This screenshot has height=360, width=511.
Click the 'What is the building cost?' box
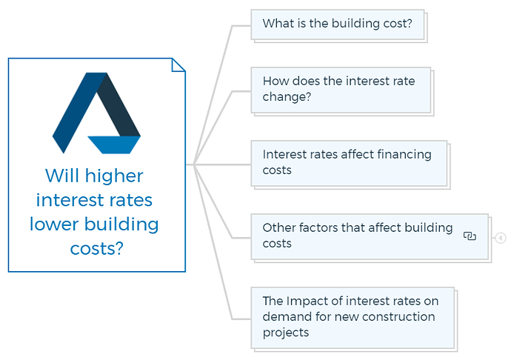click(x=338, y=24)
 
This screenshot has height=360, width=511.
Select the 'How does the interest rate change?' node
click(x=341, y=90)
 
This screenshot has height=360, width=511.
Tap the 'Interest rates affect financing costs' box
click(x=349, y=164)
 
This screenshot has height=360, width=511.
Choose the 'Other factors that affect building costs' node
click(x=370, y=237)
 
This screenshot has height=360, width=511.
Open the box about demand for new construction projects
click(x=353, y=318)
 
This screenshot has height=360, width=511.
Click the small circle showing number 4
click(x=501, y=238)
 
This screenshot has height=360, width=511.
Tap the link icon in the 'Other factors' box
click(x=470, y=236)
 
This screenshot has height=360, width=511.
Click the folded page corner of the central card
click(x=178, y=65)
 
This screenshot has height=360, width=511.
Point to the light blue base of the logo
click(x=114, y=144)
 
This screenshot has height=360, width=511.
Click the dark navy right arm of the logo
click(x=119, y=104)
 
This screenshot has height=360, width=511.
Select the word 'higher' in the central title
click(x=114, y=176)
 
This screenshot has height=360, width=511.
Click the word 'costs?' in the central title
click(x=97, y=249)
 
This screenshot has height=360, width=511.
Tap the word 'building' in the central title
click(x=121, y=225)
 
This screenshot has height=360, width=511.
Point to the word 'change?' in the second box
click(x=287, y=97)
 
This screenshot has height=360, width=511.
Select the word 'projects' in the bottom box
click(x=286, y=333)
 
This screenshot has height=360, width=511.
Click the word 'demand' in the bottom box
click(x=284, y=316)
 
